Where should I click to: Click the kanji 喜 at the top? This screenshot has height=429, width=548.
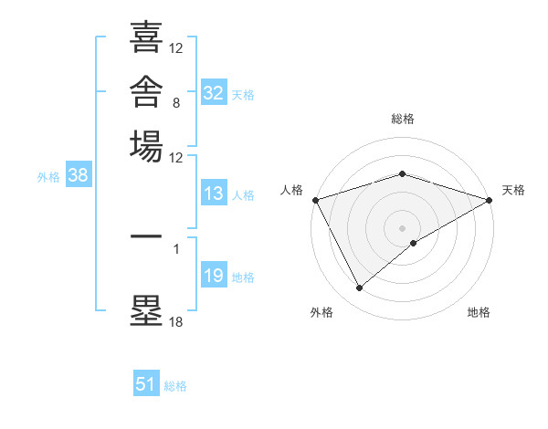pyautogui.click(x=146, y=37)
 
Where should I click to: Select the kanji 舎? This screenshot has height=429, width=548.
pyautogui.click(x=146, y=91)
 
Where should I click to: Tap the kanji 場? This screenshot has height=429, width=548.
pyautogui.click(x=146, y=146)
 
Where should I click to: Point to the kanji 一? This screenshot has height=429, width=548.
pyautogui.click(x=146, y=236)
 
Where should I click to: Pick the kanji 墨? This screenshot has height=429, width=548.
pyautogui.click(x=146, y=310)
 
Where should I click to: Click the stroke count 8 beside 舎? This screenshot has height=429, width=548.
pyautogui.click(x=176, y=103)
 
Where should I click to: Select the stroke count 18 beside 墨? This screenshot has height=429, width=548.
pyautogui.click(x=175, y=321)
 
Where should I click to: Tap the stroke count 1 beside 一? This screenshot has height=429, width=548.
pyautogui.click(x=176, y=249)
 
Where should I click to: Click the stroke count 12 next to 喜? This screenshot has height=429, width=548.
pyautogui.click(x=175, y=47)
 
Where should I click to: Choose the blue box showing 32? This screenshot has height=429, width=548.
pyautogui.click(x=214, y=92)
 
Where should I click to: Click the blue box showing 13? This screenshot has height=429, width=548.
pyautogui.click(x=214, y=193)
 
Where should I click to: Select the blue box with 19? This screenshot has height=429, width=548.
pyautogui.click(x=214, y=274)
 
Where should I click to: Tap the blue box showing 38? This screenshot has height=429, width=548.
pyautogui.click(x=79, y=174)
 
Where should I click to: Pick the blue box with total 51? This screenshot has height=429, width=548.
pyautogui.click(x=146, y=382)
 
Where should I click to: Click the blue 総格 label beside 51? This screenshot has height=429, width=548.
pyautogui.click(x=175, y=386)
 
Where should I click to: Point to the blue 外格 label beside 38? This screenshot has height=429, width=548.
pyautogui.click(x=48, y=177)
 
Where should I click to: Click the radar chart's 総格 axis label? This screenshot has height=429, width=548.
pyautogui.click(x=403, y=119)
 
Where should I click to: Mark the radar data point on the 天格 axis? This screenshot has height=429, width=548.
pyautogui.click(x=490, y=200)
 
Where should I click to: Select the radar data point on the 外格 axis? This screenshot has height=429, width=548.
pyautogui.click(x=359, y=288)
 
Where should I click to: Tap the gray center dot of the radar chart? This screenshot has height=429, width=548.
pyautogui.click(x=402, y=228)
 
